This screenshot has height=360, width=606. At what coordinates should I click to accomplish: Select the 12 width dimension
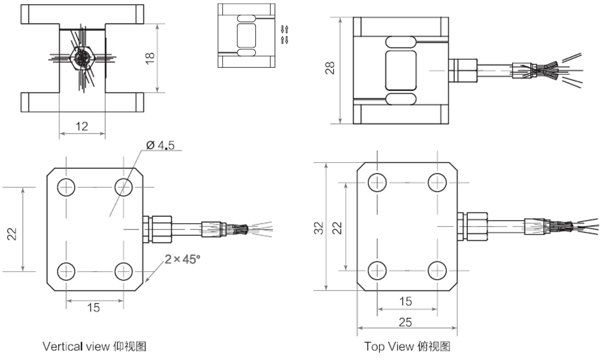point(81,126)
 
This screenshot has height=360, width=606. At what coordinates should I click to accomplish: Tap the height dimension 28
point(330,68)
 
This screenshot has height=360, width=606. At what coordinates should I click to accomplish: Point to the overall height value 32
point(318,227)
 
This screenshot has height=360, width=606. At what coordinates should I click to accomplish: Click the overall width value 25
point(405,322)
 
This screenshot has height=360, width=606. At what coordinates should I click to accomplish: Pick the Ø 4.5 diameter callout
point(160,145)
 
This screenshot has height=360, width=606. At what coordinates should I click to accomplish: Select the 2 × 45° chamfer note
point(182,259)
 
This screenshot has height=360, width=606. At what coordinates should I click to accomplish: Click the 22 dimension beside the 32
point(337,227)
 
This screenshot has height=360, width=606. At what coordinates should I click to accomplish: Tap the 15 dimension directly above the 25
point(405,301)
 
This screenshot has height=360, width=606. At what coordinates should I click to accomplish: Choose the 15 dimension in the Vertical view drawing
point(94,307)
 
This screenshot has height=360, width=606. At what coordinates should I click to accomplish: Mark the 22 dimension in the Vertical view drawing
point(13,233)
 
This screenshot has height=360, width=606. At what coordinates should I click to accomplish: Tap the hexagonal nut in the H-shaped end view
point(82,58)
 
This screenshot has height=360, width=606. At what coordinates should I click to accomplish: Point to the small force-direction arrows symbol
point(285,35)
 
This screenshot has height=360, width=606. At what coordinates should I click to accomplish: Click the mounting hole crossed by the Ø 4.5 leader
point(123,187)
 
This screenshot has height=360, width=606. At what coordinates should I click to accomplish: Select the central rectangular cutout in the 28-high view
point(400,70)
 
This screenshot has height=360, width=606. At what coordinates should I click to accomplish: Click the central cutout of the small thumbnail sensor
point(246,35)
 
